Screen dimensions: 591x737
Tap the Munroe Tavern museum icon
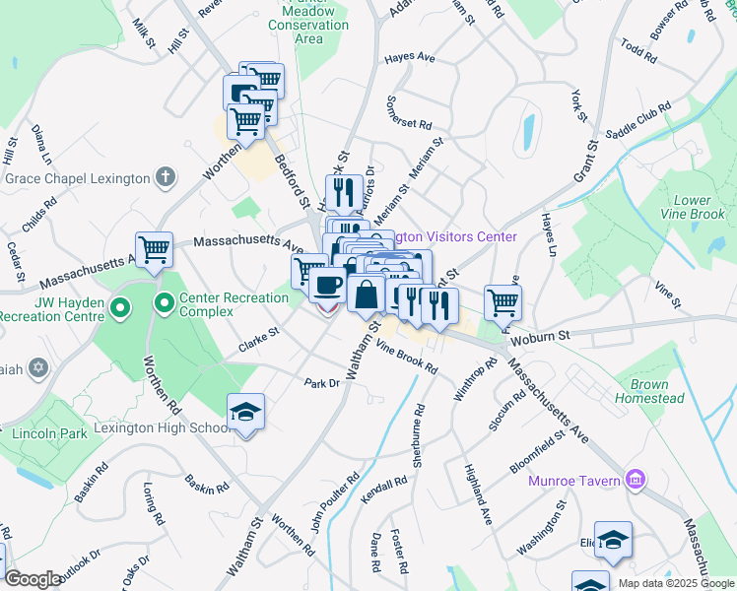636,480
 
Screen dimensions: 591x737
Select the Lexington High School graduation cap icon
246,413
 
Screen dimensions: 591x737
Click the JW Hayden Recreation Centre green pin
120,309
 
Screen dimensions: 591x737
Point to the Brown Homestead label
649,391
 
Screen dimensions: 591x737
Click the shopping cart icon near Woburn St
502,301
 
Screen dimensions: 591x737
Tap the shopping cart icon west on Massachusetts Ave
155,250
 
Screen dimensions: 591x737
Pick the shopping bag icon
366,294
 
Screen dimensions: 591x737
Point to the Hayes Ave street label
410,58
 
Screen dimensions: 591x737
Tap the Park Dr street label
321,383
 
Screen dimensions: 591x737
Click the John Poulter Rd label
335,502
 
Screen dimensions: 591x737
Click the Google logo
33,579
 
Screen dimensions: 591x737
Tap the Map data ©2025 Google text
676,583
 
